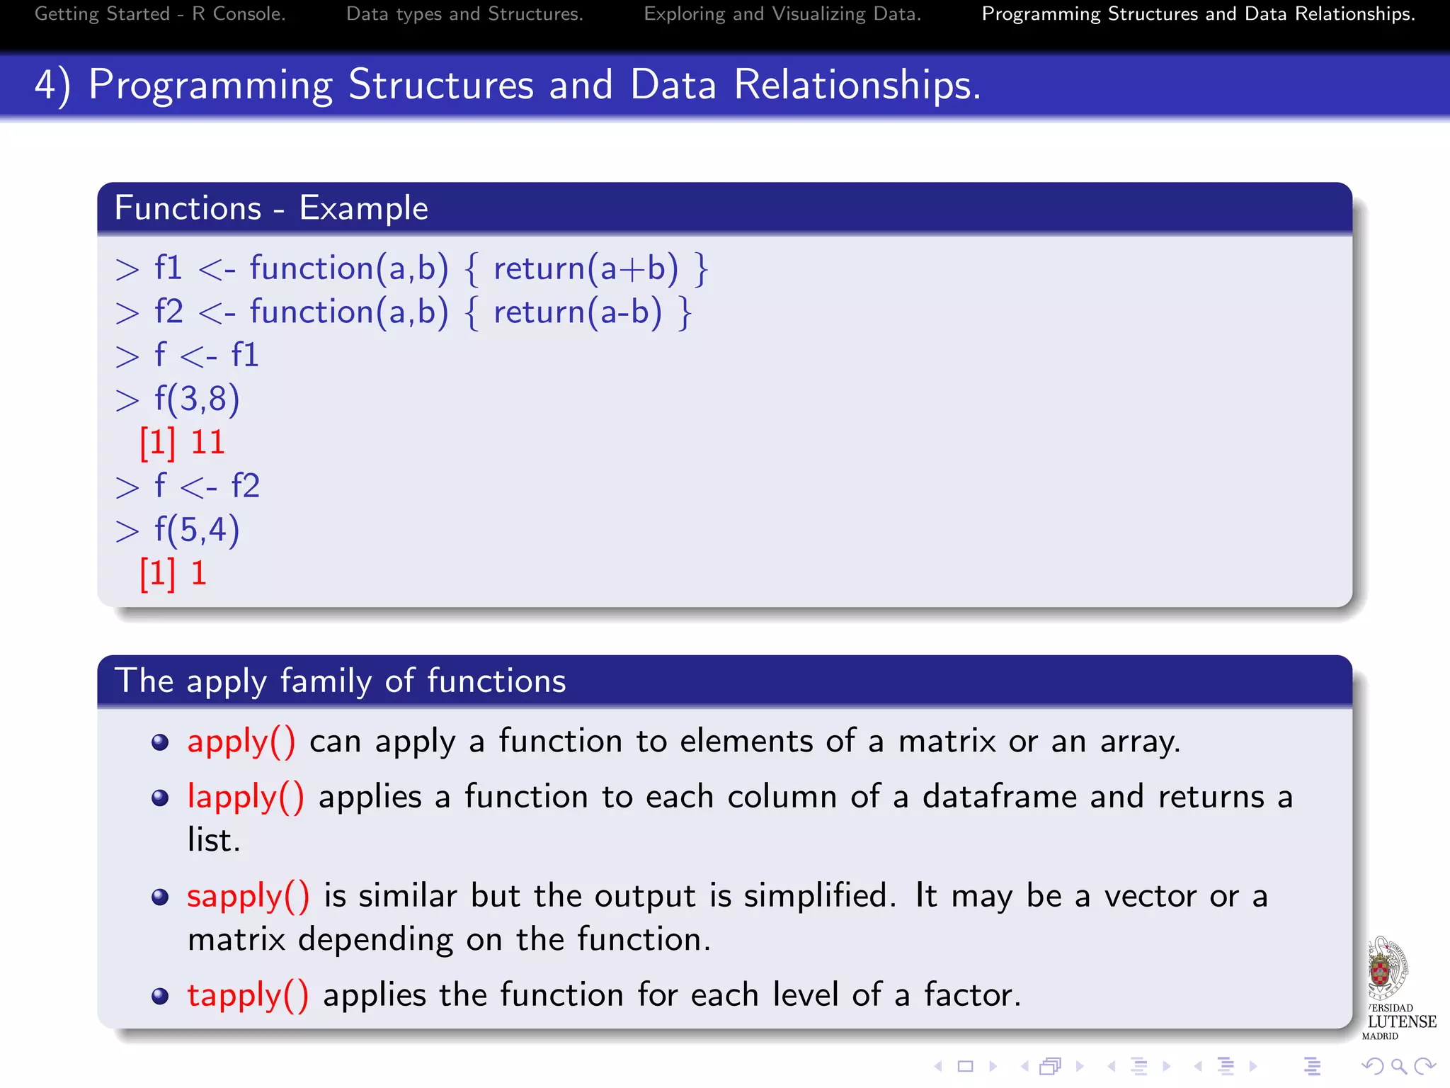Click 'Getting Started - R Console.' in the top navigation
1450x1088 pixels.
point(160,13)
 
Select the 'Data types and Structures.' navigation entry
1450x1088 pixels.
point(464,13)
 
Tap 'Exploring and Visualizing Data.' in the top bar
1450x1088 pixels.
point(782,13)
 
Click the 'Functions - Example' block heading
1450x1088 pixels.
point(271,208)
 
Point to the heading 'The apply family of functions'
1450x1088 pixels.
point(340,681)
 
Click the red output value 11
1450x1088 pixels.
point(207,443)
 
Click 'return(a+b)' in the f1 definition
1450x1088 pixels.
point(586,269)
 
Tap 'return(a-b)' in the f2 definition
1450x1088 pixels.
point(578,312)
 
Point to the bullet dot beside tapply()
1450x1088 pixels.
point(161,997)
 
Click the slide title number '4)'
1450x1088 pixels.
point(52,85)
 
